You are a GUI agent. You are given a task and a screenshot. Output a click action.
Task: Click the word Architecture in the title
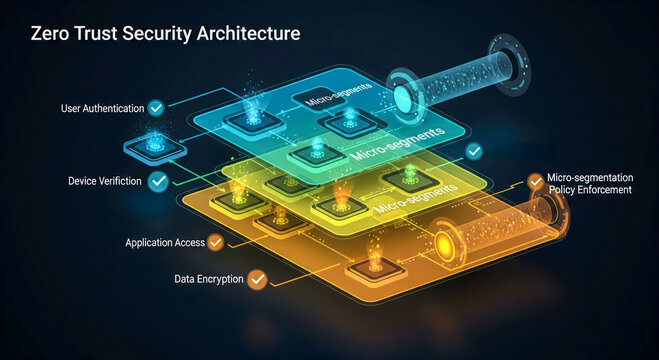[241, 33]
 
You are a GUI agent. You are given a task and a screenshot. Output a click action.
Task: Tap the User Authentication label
[89, 107]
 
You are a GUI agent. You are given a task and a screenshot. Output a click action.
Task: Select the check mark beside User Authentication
[156, 107]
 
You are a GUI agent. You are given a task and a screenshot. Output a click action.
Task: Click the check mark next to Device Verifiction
[158, 181]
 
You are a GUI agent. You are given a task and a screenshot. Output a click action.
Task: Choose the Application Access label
[164, 242]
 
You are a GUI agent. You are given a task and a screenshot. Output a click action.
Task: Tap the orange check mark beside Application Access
[215, 241]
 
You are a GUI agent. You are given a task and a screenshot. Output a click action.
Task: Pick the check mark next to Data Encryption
[257, 279]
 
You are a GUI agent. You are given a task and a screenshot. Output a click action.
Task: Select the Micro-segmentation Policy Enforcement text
[589, 183]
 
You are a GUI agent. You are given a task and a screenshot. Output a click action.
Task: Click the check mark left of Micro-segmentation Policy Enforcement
[535, 182]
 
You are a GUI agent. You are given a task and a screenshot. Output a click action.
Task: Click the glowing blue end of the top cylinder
[406, 98]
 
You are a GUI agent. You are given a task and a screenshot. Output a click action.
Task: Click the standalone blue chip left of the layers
[148, 145]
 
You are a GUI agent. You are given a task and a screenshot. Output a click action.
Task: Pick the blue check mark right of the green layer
[474, 151]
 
